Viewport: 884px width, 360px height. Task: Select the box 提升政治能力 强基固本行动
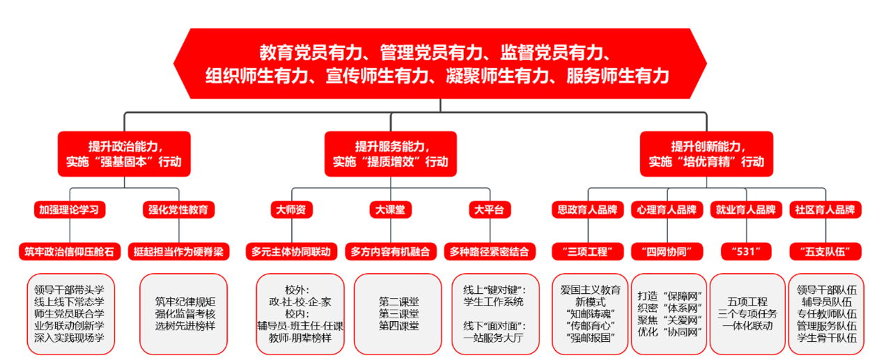pyautogui.click(x=124, y=154)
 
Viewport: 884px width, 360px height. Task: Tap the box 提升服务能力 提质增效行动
pyautogui.click(x=390, y=154)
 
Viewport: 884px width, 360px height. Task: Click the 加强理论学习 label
pyautogui.click(x=68, y=209)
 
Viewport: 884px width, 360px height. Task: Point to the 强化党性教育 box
pyautogui.click(x=180, y=209)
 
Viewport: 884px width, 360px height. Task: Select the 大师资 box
pyautogui.click(x=292, y=209)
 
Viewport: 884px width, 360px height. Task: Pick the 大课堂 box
pyautogui.click(x=390, y=209)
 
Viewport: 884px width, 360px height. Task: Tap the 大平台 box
pyautogui.click(x=488, y=209)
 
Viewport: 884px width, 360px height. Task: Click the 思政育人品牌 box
pyautogui.click(x=587, y=209)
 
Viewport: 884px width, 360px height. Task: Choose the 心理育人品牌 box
pyautogui.click(x=667, y=209)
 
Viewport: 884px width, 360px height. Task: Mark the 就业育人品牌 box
pyautogui.click(x=745, y=209)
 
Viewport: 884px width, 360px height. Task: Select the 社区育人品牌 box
pyautogui.click(x=825, y=209)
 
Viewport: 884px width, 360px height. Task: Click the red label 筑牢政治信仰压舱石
pyautogui.click(x=68, y=251)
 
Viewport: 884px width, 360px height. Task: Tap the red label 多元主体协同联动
pyautogui.click(x=292, y=251)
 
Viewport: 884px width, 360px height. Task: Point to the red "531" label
pyautogui.click(x=746, y=251)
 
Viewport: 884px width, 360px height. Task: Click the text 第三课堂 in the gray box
pyautogui.click(x=399, y=313)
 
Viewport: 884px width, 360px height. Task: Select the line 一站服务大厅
pyautogui.click(x=493, y=338)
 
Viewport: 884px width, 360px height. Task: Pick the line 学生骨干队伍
pyautogui.click(x=826, y=338)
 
